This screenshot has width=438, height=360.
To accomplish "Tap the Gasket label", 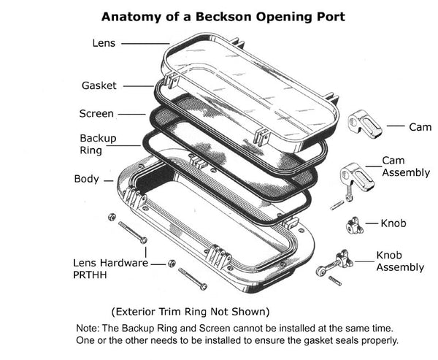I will pos(99,85).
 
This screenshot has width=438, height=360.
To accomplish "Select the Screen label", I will pos(96,113).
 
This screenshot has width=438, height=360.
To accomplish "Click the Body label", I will pos(87,179).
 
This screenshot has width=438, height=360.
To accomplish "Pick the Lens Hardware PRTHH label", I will pos(109,269).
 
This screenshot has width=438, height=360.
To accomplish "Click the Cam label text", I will pos(420,127).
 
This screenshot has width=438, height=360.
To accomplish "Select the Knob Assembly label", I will pos(399,261).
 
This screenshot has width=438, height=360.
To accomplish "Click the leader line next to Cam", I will pos(395,126).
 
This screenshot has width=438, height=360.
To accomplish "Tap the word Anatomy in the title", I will pos(131,15).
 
